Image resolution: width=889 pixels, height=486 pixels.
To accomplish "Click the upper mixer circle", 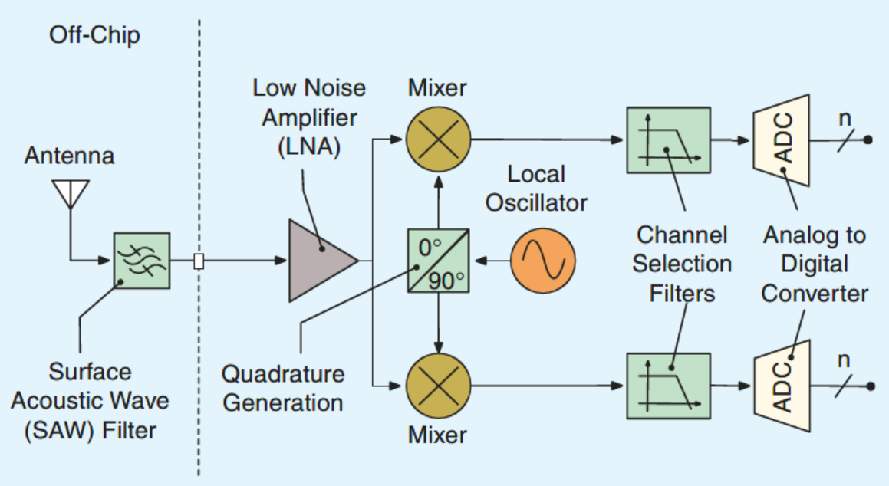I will click(x=437, y=140).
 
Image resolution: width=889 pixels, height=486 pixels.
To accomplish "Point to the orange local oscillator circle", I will click(x=543, y=261).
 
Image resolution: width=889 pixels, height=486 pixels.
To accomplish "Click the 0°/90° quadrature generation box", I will click(x=437, y=261).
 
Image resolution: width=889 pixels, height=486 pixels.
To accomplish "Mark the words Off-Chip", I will click(x=94, y=35).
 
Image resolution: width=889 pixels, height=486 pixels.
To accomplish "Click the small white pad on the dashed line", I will click(x=199, y=261).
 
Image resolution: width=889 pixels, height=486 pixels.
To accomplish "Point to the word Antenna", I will click(x=69, y=156).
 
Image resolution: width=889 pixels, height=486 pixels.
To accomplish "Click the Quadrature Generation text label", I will click(x=283, y=388).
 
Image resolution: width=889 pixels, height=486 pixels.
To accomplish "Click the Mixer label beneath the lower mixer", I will click(x=437, y=435).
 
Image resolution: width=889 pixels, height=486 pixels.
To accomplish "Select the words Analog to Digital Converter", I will click(x=815, y=264).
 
